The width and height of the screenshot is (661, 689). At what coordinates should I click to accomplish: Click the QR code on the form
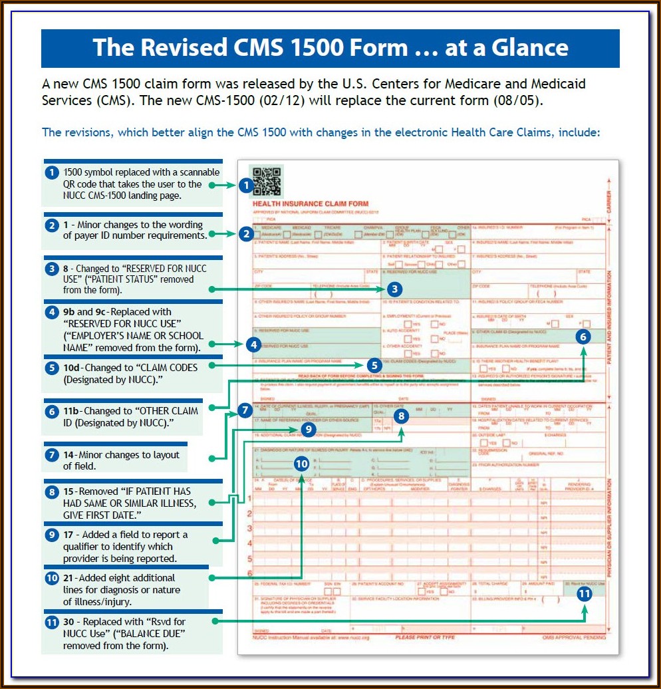267,181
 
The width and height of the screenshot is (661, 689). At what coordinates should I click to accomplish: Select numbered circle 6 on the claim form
583,337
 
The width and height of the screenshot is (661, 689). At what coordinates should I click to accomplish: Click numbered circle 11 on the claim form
584,594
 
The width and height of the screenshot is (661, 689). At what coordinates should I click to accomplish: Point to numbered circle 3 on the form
394,289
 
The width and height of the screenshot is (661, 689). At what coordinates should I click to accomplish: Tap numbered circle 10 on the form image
302,464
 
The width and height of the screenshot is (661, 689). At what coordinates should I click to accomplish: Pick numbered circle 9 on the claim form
309,430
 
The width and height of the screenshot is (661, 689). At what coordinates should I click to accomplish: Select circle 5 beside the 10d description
51,367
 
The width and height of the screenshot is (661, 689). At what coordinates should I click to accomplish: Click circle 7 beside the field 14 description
51,456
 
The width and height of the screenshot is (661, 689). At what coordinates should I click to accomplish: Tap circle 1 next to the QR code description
51,173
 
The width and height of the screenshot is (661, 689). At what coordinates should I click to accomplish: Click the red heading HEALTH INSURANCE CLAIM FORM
311,204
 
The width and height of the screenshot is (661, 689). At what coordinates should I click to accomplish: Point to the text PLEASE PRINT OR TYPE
426,637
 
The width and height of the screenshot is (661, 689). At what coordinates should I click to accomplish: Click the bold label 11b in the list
72,411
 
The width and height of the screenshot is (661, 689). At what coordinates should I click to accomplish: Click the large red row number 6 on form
249,573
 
